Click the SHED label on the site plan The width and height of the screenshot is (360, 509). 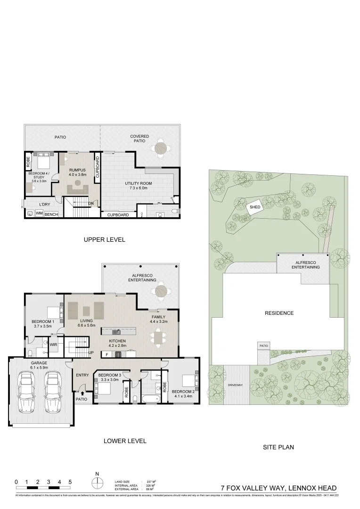tap(255, 207)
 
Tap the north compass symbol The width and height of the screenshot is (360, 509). tap(98, 482)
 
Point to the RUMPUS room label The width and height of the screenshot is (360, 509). tap(77, 172)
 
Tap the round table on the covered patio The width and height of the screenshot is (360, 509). tap(161, 148)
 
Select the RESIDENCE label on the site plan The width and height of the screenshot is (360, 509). tap(278, 313)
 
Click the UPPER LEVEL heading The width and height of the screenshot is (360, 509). tap(104, 239)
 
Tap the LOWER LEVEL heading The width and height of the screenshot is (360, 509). tap(125, 441)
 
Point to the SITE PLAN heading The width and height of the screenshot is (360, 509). tap(278, 447)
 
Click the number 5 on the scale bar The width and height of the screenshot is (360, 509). tap(70, 482)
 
